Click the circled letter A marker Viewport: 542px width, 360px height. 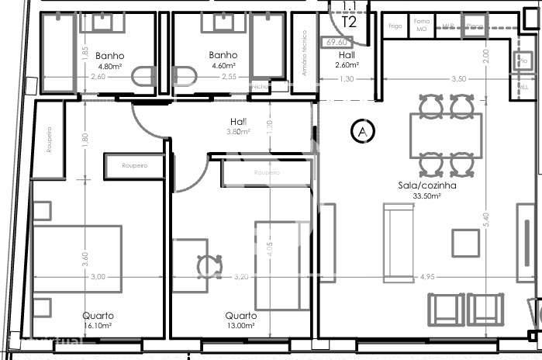point(362,132)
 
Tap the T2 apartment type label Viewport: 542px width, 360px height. point(350,22)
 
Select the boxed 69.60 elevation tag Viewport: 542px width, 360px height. point(337,43)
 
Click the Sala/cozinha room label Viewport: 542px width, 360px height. point(426,186)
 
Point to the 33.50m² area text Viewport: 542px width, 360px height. point(426,196)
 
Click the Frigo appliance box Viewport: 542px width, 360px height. point(395,26)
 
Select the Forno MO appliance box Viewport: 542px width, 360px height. point(422,26)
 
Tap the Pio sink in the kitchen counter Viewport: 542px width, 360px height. point(523,61)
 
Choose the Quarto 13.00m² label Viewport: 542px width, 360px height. point(240,321)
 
